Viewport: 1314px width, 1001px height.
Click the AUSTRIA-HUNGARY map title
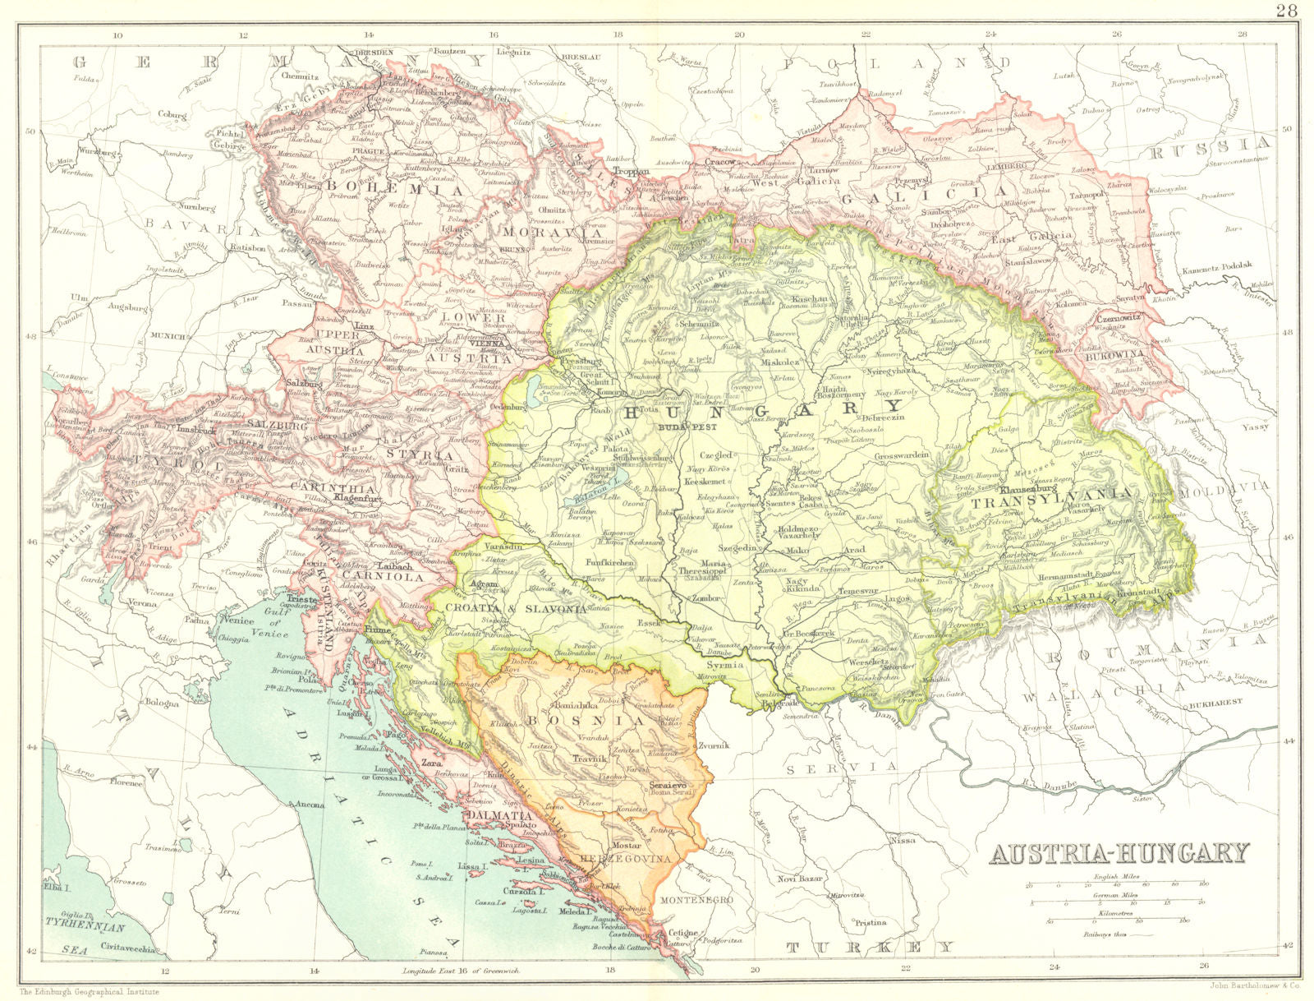coord(1118,853)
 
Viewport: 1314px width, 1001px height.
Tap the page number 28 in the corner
coord(1287,11)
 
